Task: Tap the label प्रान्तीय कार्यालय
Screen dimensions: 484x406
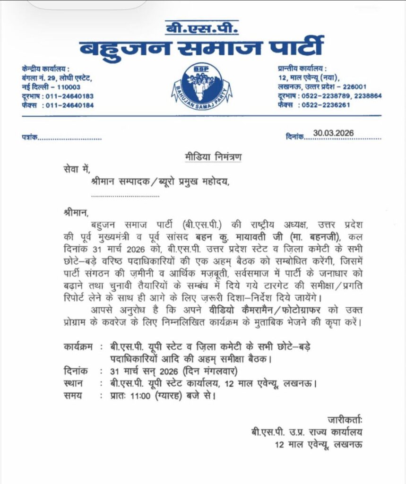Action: click(302, 69)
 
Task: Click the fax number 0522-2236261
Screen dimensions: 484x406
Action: click(327, 105)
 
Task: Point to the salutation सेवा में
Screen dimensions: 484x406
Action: click(75, 169)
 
